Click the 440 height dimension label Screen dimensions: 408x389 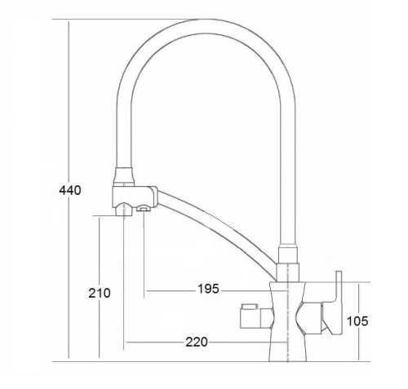[70, 190]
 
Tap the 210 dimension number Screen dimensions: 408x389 [100, 293]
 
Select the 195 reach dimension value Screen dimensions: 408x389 [208, 289]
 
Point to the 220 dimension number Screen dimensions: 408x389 [197, 342]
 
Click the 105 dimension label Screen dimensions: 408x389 [357, 321]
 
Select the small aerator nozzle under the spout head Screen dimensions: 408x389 [143, 208]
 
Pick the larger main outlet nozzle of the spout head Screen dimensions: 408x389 [123, 210]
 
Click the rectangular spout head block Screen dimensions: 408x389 [135, 196]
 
